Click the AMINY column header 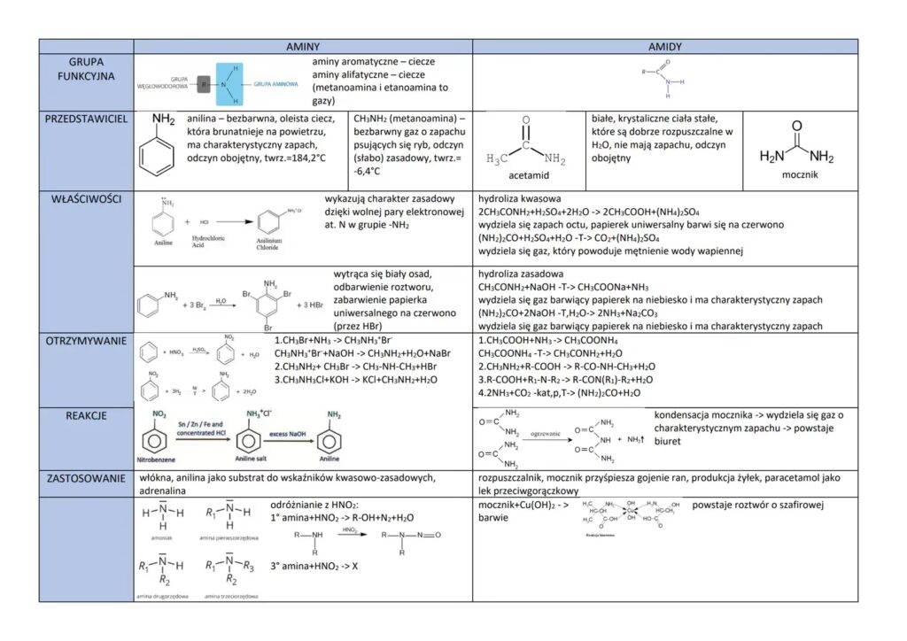point(302,46)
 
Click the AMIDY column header point(664,46)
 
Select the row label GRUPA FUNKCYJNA point(86,69)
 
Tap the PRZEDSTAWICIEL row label point(86,118)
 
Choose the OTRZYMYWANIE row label point(86,341)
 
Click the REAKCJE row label point(86,415)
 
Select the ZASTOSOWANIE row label point(86,478)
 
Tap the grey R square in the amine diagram point(205,86)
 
